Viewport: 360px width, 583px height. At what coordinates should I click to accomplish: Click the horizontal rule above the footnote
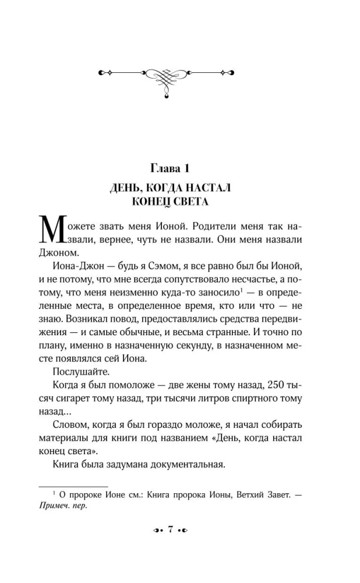(x=73, y=486)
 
